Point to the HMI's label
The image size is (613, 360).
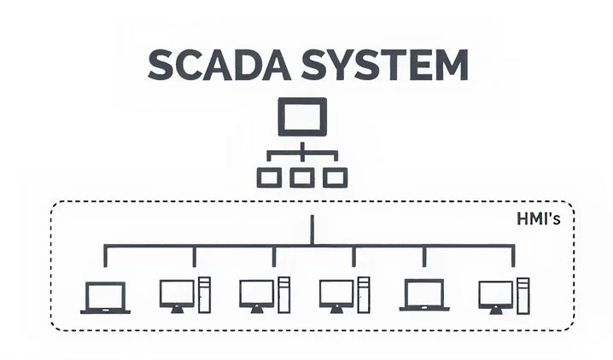tap(539, 220)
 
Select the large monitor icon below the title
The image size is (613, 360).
tap(302, 117)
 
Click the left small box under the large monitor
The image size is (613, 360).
tap(269, 177)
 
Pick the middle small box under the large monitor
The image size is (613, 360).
tap(302, 177)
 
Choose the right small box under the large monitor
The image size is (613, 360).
tap(336, 177)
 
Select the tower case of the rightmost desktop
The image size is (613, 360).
tap(522, 294)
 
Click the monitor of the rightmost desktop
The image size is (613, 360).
tap(495, 293)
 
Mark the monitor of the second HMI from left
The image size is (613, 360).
tap(177, 293)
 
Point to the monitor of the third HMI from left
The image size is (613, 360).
tap(256, 293)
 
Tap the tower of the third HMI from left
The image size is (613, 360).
tap(283, 294)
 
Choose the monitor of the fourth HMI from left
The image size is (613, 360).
tap(336, 293)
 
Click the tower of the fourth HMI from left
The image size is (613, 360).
tap(363, 294)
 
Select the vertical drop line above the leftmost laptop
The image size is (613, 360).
tap(105, 256)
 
